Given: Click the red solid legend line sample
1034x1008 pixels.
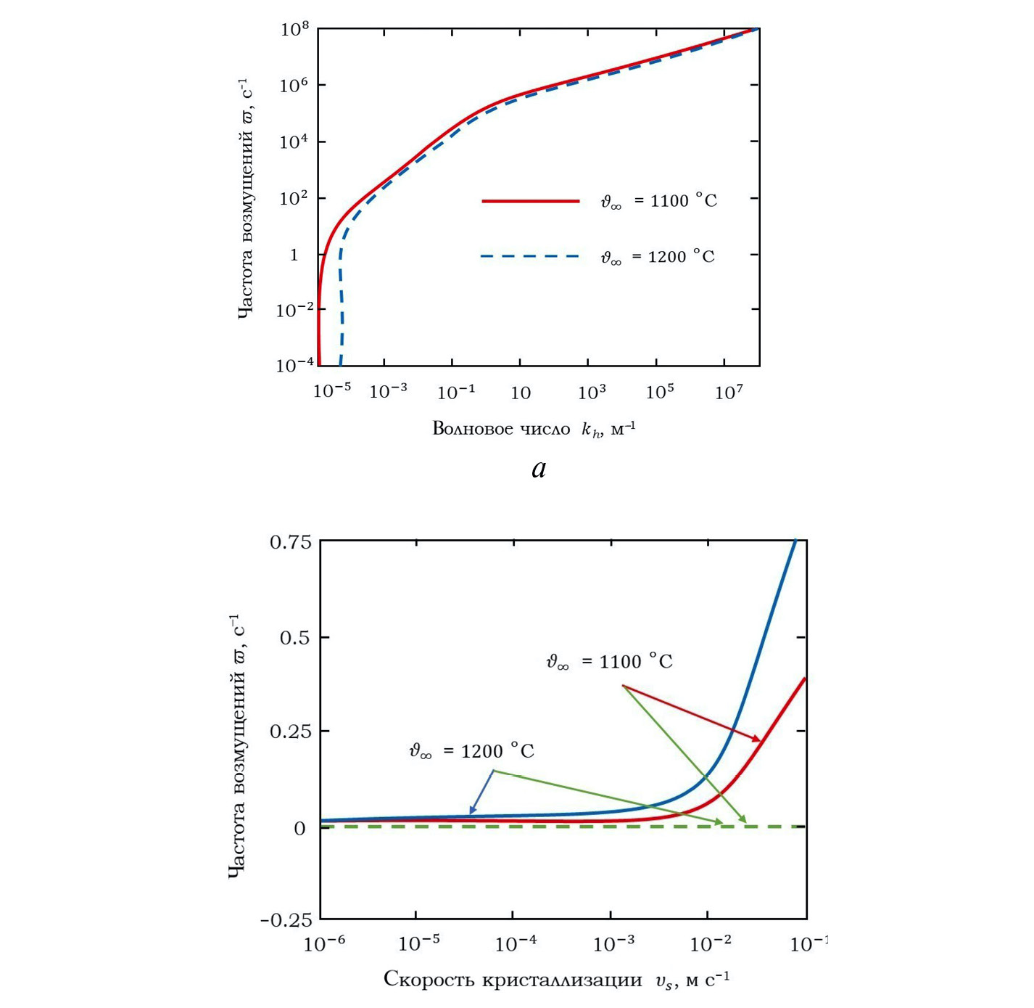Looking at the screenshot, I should click(x=531, y=201).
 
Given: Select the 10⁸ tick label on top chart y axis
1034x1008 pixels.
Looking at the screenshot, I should click(x=295, y=30).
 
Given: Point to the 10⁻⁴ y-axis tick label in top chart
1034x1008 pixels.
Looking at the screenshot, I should click(x=295, y=365).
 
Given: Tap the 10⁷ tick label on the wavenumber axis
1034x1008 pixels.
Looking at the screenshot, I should click(x=729, y=393).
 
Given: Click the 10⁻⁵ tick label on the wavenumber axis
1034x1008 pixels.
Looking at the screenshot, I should click(x=332, y=391).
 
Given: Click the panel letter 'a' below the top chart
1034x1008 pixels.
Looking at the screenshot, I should click(x=538, y=470).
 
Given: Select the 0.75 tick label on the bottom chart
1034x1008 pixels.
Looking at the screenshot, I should click(x=290, y=543).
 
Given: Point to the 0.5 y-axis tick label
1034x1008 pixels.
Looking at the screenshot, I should click(x=295, y=638).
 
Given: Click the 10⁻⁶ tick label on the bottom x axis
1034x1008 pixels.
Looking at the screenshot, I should click(x=323, y=943).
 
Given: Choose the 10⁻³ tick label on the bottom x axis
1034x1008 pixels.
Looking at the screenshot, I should click(x=613, y=943).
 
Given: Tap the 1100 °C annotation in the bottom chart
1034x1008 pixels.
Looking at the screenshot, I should click(x=609, y=662).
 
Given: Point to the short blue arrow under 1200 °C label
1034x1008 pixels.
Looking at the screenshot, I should click(x=481, y=792).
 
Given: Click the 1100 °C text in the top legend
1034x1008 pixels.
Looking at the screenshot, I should click(x=658, y=201).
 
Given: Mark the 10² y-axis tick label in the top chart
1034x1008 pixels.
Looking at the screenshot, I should click(x=295, y=198).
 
